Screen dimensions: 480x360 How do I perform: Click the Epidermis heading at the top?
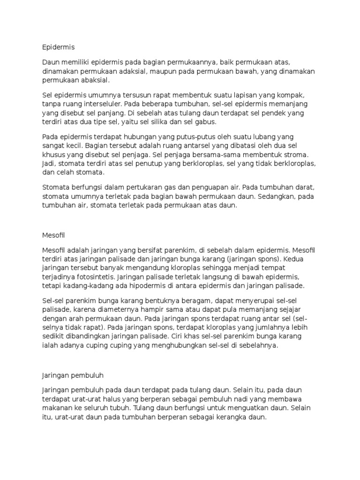(x=59, y=47)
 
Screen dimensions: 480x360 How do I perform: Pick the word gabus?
(x=206, y=121)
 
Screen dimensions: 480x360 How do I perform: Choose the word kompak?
(x=293, y=95)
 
